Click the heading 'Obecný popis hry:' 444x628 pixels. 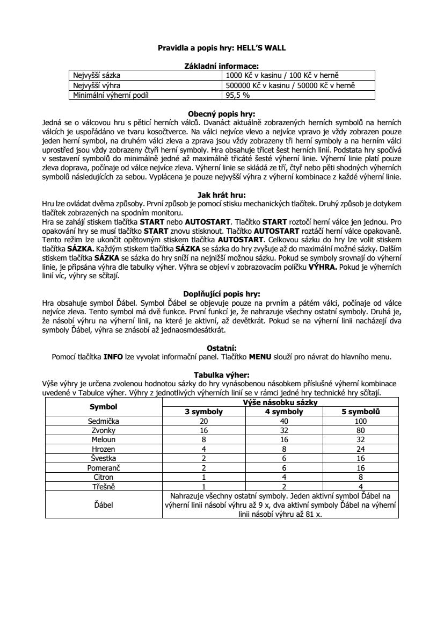(x=221, y=114)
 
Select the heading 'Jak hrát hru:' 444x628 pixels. (x=221, y=195)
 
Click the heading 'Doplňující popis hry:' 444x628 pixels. (x=221, y=294)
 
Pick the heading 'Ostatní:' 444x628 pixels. (x=221, y=348)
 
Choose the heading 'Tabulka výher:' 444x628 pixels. (x=221, y=375)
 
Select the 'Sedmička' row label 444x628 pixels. (x=104, y=421)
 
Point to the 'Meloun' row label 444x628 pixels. (x=104, y=439)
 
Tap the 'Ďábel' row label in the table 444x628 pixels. (x=104, y=504)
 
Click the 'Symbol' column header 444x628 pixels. (x=104, y=407)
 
